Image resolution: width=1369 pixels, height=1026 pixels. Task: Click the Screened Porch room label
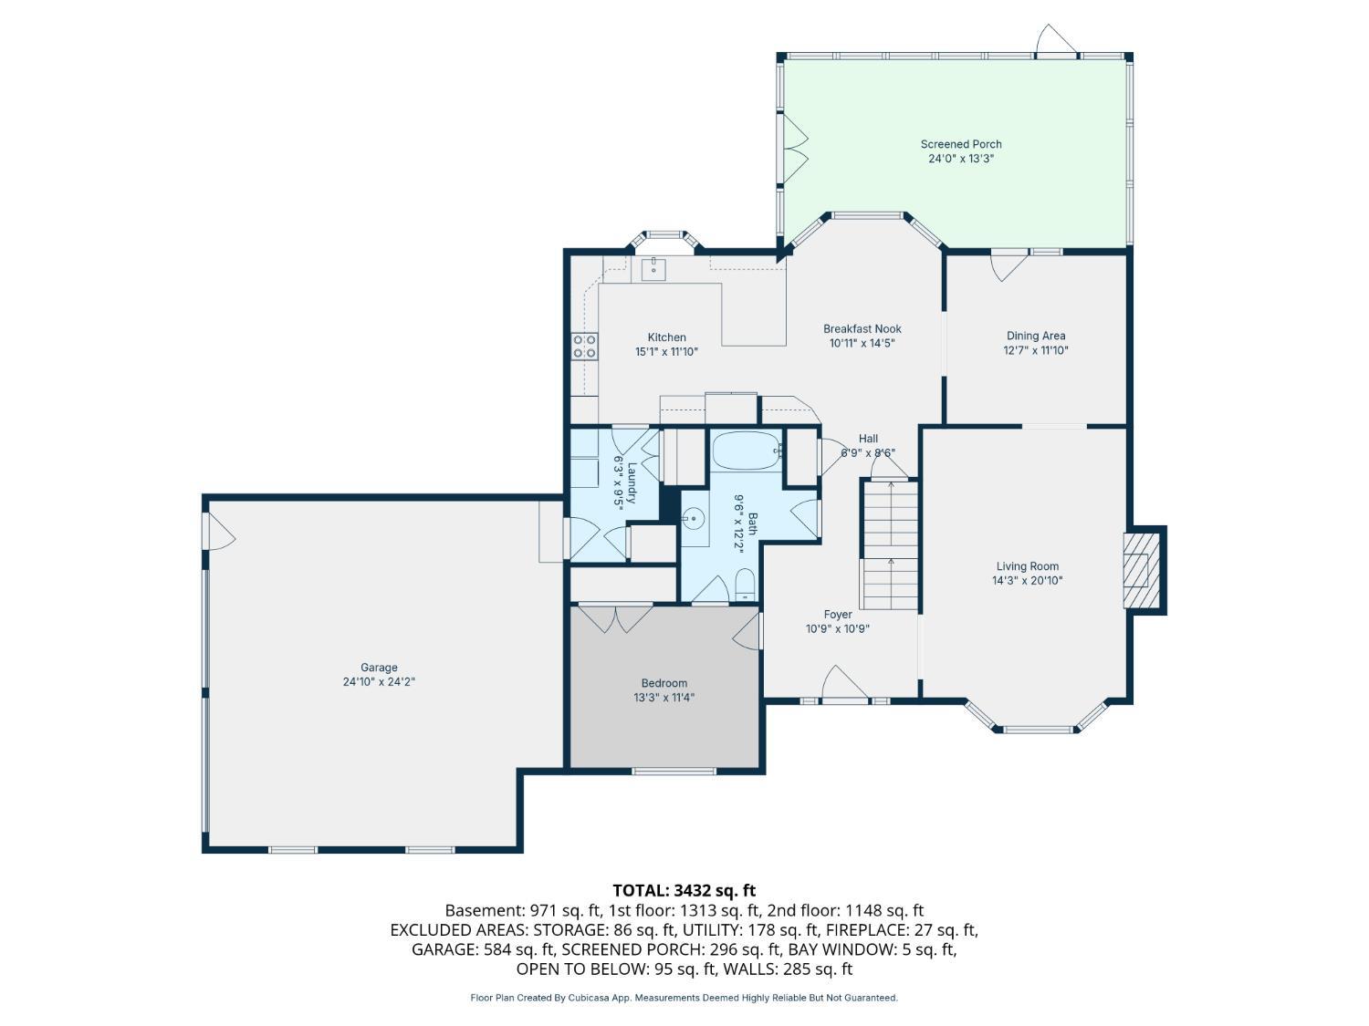coord(960,144)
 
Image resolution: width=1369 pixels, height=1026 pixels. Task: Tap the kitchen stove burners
coord(584,347)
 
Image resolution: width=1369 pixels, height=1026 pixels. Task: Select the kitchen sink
coord(653,270)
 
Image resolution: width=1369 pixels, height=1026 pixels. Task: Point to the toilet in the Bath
coord(745,585)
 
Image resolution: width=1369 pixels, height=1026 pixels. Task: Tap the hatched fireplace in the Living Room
coord(1142,570)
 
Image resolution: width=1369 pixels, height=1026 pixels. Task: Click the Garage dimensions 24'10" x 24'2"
coord(379,681)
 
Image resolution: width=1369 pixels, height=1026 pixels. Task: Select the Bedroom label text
coord(664,683)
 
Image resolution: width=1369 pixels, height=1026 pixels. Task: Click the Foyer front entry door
coord(845,683)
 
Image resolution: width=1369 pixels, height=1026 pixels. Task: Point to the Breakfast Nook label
coord(862,329)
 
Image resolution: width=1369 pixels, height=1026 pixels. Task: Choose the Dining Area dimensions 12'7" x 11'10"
coord(1035,350)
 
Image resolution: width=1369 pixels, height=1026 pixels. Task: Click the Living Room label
coord(1028,566)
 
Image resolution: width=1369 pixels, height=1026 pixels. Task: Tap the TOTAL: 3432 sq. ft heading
coord(684,890)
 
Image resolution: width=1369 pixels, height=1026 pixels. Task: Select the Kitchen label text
coord(666,337)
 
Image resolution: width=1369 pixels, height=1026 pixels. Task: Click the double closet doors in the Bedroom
coord(615,617)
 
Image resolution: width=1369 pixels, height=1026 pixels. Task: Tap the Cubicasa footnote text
coord(684,998)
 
